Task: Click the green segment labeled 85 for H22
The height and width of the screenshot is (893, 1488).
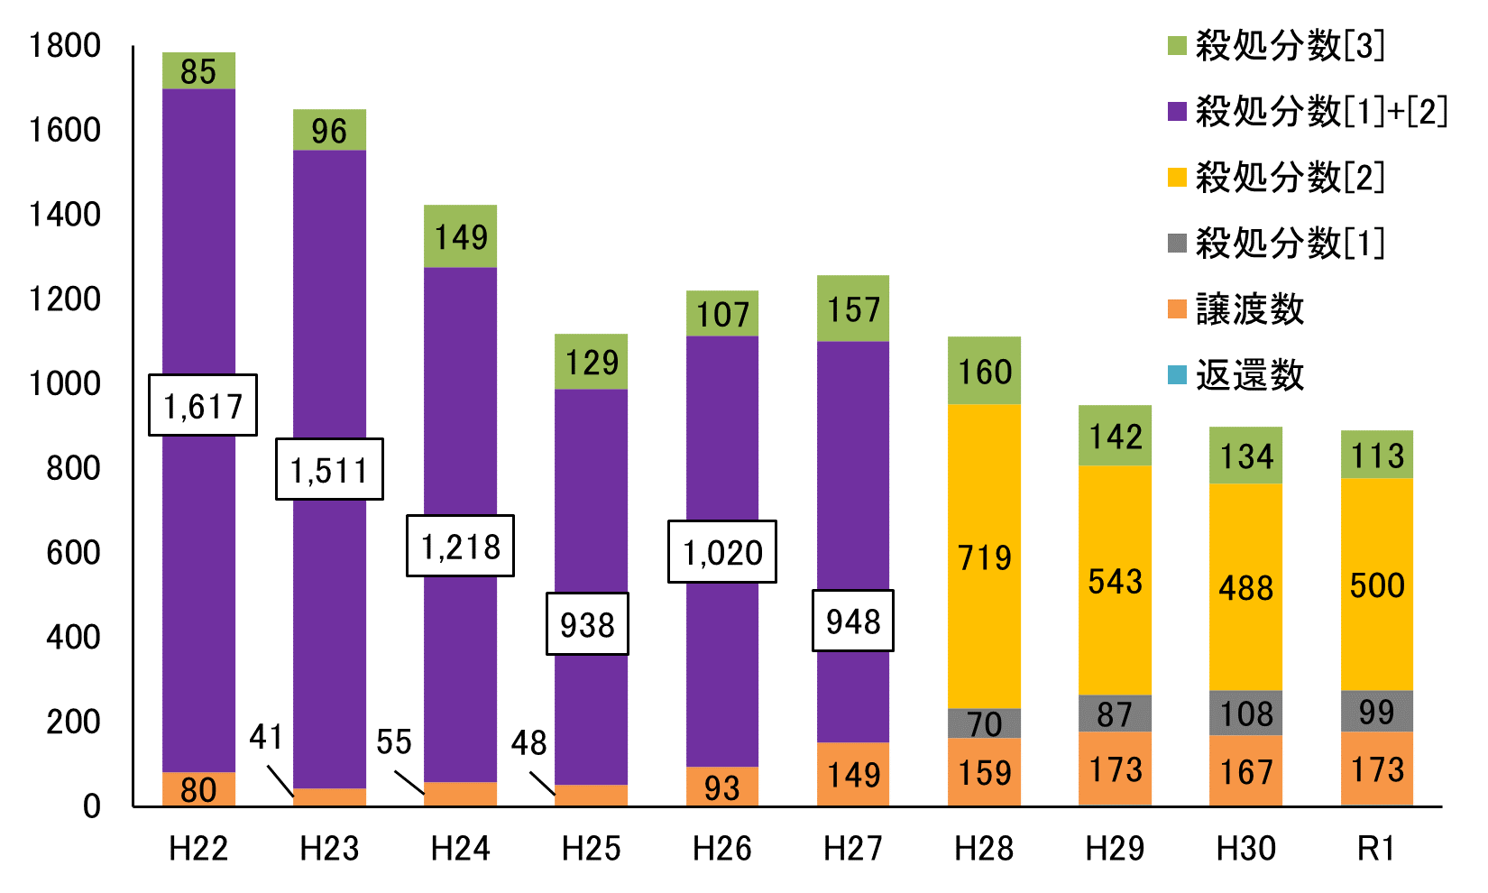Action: tap(198, 70)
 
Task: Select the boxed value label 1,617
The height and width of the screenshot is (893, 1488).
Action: tap(203, 405)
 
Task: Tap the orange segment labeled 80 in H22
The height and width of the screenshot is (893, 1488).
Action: tap(198, 789)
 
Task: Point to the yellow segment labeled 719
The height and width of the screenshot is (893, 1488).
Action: tap(984, 557)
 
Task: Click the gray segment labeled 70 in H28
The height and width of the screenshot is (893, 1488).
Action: tap(984, 723)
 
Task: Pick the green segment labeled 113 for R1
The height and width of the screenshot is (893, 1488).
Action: tap(1376, 455)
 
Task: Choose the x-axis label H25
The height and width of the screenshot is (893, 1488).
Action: tap(591, 849)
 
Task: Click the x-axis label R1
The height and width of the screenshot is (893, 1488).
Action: tap(1376, 849)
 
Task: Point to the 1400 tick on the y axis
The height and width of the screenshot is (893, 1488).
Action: tap(65, 215)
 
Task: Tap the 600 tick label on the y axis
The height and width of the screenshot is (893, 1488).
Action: tap(74, 553)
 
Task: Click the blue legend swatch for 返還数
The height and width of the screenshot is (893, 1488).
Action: tap(1177, 375)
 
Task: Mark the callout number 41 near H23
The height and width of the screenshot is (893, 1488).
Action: tap(266, 738)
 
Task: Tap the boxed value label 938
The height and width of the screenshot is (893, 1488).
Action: tap(587, 624)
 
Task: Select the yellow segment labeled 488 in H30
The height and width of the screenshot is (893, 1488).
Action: tap(1245, 587)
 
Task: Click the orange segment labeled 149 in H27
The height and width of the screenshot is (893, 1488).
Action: tap(853, 774)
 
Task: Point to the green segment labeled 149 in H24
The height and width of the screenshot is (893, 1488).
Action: tap(460, 236)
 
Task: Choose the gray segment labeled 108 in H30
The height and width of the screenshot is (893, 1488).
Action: tap(1245, 713)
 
